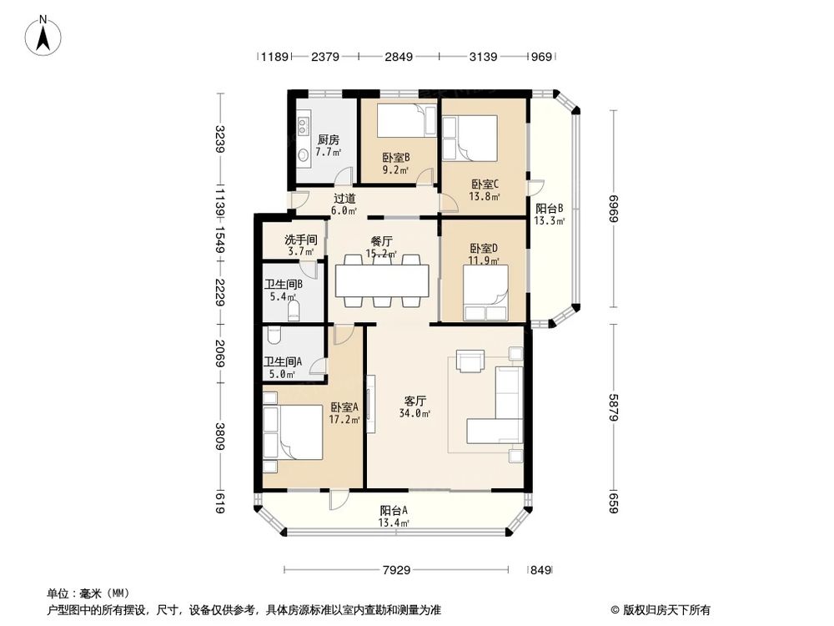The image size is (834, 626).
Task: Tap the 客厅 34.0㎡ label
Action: (x=414, y=406)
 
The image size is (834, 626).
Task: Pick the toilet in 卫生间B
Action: (x=293, y=311)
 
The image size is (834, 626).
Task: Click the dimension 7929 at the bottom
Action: (x=397, y=571)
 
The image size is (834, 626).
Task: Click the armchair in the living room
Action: (x=470, y=361)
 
